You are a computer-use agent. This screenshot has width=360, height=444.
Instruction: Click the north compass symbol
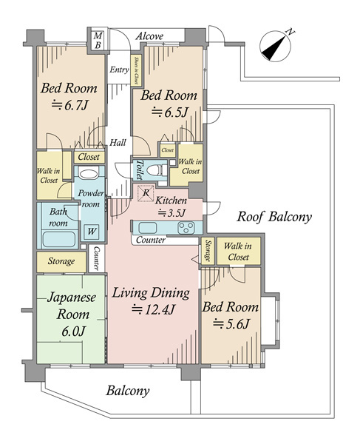pos(276,46)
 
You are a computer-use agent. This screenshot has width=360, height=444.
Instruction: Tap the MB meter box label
pos(98,40)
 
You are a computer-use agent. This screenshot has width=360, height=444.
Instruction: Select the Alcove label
pos(149,36)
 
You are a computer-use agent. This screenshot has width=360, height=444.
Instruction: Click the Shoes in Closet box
pos(136,70)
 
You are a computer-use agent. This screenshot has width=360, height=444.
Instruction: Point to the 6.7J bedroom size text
pos(70,105)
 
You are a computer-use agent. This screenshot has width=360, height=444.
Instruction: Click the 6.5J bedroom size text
pos(170,112)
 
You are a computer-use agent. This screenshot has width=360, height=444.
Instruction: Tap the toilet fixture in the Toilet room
pos(157,171)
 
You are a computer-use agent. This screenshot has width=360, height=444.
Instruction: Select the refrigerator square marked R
pos(146,193)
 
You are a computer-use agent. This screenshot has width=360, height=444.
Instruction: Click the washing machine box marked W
pos(92,232)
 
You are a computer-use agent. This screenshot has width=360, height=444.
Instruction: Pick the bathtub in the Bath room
pos(59,239)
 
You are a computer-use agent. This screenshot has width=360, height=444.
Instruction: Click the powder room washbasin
pos(88,173)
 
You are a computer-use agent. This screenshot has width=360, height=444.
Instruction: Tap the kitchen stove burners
pos(186,228)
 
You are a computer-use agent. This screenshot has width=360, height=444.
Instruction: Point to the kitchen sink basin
pos(147,228)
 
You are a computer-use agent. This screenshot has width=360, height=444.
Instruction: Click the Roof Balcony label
pos(274,217)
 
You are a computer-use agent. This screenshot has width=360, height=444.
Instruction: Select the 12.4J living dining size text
pos(153,309)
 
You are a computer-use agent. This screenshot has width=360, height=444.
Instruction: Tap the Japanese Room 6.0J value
pos(73,332)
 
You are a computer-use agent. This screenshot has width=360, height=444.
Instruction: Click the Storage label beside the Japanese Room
pos(61,261)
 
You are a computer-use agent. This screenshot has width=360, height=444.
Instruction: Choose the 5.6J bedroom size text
pos(231,323)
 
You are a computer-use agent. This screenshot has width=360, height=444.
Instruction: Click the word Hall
pos(118,142)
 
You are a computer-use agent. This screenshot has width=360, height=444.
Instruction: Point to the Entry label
pos(119,70)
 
